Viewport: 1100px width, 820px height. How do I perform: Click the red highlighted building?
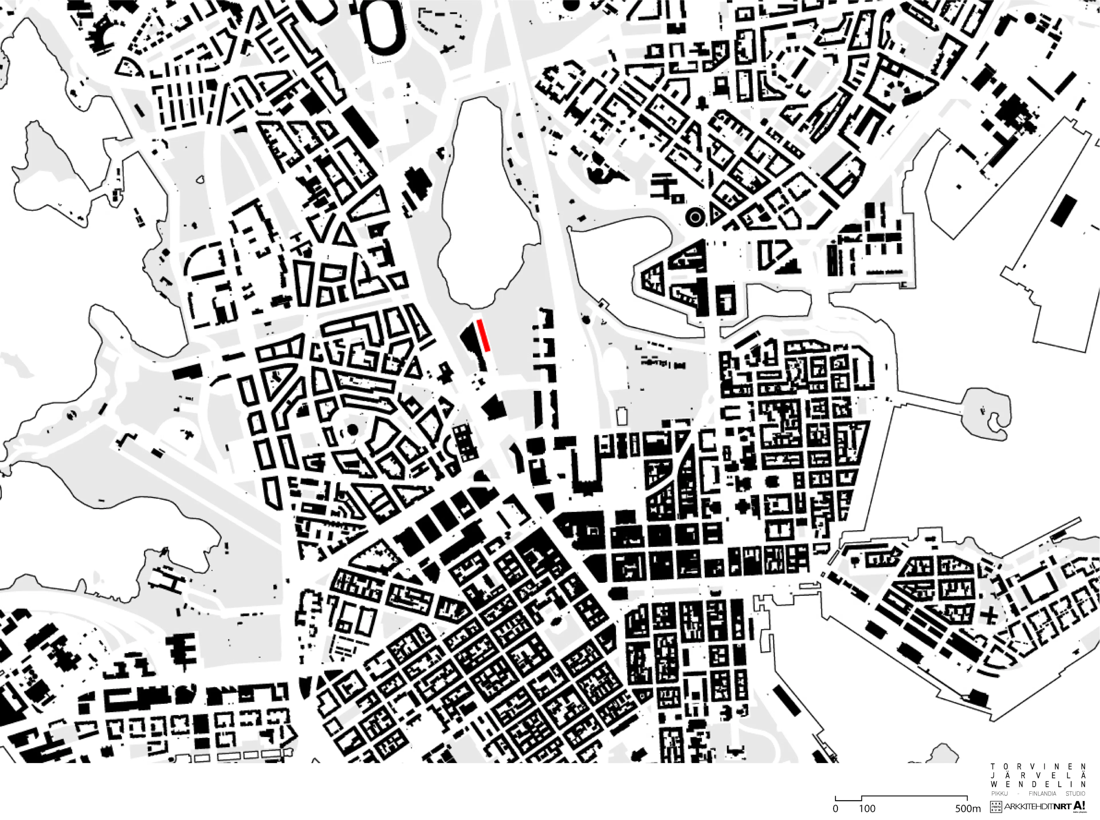coord(484,336)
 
